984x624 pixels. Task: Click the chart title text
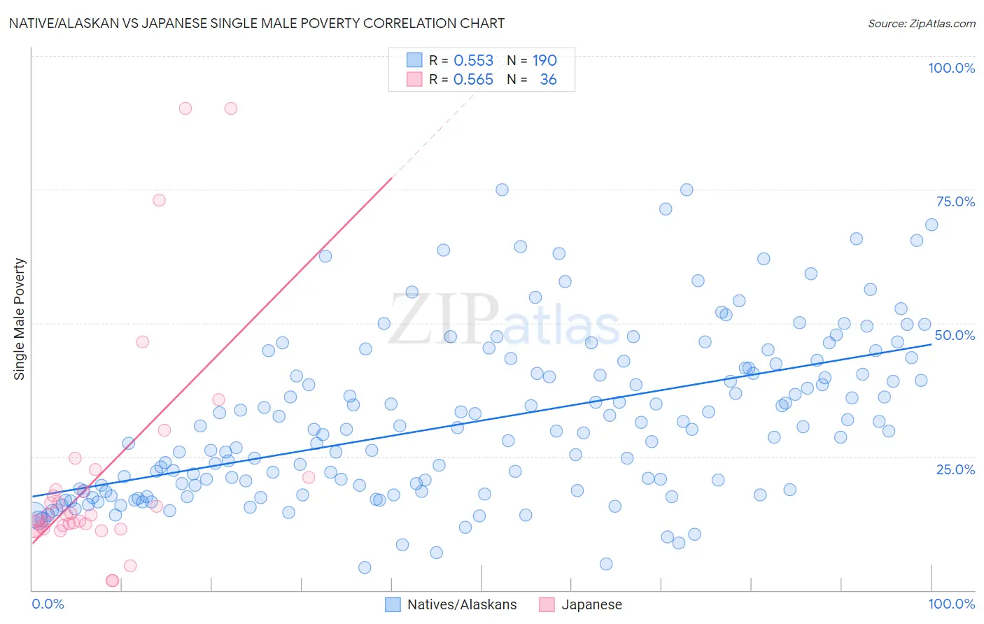point(257,24)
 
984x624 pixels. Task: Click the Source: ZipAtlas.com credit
point(921,24)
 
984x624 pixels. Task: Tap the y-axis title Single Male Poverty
point(20,319)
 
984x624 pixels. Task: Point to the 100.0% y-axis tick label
point(951,68)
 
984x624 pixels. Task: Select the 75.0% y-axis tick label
point(955,201)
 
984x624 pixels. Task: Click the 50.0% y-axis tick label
point(955,335)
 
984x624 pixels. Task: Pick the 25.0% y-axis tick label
point(955,469)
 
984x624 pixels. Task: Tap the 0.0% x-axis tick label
point(48,604)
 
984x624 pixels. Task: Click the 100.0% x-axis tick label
point(951,604)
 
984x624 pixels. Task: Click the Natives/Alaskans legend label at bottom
point(462,604)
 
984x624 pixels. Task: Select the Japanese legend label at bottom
point(591,604)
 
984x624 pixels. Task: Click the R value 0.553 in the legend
point(474,61)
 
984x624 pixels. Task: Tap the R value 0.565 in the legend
point(474,80)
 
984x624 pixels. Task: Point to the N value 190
point(544,61)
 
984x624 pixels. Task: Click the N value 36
point(548,80)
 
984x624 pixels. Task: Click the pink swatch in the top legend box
point(414,80)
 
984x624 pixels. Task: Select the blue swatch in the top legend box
point(414,61)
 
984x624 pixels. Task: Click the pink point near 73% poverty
point(159,200)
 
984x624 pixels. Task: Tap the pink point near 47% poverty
point(142,342)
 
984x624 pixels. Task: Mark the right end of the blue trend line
point(932,344)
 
